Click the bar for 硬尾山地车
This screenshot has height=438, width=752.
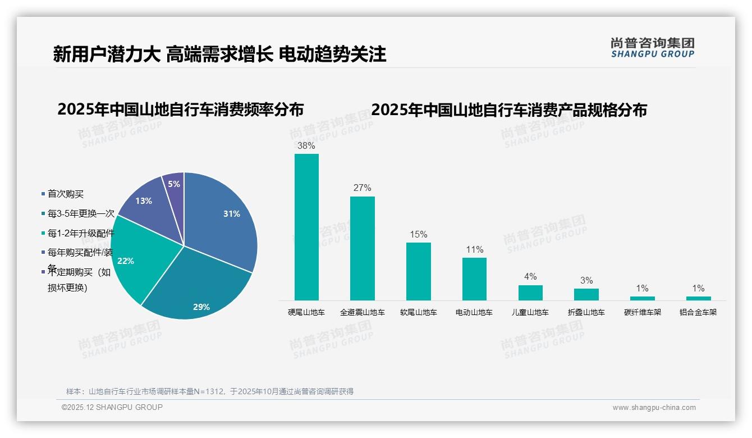(306, 227)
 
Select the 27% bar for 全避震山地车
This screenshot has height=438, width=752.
(362, 248)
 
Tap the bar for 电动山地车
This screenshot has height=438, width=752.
(474, 279)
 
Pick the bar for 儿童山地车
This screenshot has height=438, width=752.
(530, 293)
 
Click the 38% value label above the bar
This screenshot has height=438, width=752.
(306, 145)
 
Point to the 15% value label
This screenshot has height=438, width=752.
(418, 234)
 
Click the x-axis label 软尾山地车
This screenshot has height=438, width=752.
(418, 312)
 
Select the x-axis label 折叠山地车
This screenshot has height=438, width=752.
(586, 312)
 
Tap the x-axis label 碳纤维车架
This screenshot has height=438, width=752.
(642, 312)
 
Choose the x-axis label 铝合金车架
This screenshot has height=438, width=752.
(698, 312)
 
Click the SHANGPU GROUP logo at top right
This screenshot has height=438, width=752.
(652, 48)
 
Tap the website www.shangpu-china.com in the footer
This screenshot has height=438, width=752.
(654, 408)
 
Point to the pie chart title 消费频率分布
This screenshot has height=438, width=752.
(180, 109)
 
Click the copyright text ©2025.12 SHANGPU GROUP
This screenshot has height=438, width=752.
(112, 407)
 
